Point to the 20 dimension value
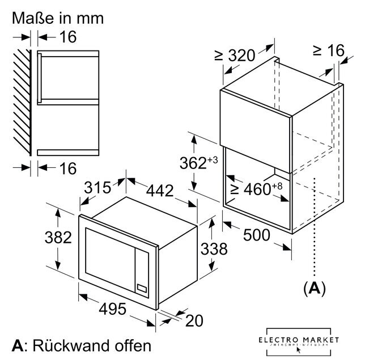[x=194, y=320]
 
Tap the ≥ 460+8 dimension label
[x=254, y=188]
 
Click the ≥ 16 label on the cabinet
[x=328, y=50]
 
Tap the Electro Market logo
[x=306, y=341]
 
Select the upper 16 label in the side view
[x=67, y=37]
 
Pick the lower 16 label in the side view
[x=67, y=168]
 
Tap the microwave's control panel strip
[x=143, y=272]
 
